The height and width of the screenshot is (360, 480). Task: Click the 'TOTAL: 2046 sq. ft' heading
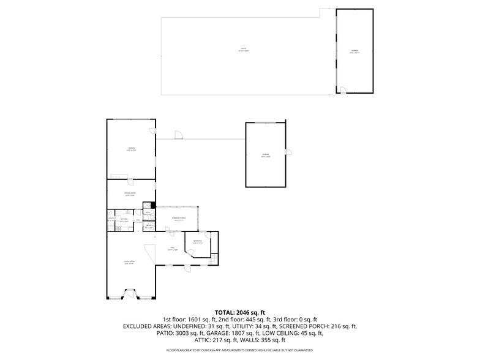239,312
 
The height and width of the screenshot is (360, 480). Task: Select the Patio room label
243,49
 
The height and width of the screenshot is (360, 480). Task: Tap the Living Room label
129,261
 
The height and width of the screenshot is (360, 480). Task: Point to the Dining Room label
129,193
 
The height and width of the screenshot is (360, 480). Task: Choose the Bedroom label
198,241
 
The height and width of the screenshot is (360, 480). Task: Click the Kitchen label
124,219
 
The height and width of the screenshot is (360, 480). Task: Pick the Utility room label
111,219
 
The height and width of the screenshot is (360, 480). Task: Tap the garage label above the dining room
131,149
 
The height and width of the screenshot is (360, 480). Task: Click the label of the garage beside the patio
354,51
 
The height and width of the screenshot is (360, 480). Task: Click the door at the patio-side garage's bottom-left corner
342,91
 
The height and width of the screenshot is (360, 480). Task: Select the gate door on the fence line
178,136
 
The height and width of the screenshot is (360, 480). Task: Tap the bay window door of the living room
131,294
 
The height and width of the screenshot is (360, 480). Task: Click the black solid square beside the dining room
153,205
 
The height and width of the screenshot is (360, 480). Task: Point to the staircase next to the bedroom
214,259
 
